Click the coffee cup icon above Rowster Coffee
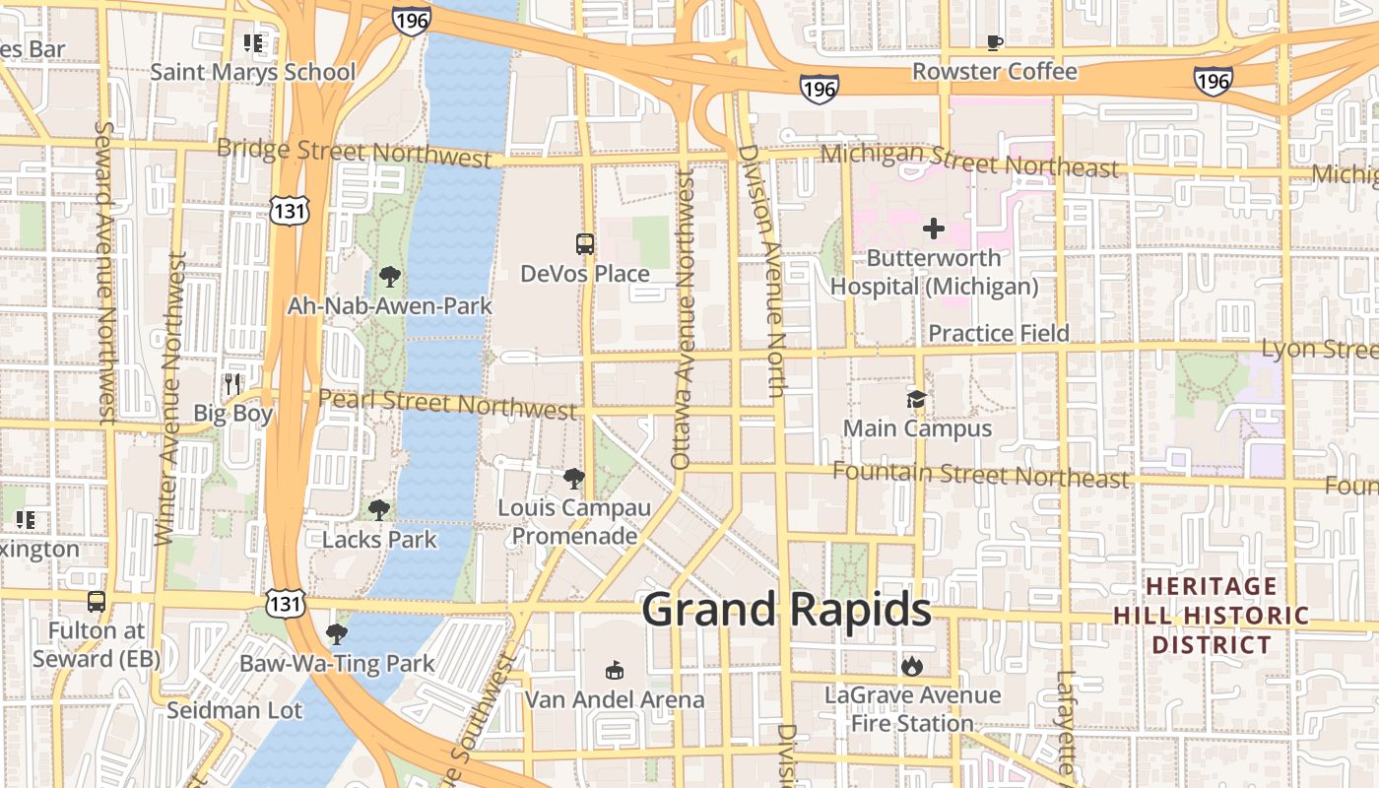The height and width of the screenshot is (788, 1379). coord(995,42)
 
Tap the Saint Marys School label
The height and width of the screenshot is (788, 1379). coord(253,72)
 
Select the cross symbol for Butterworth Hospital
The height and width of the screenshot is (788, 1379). coord(933,230)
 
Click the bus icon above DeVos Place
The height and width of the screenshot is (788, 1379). coord(585,243)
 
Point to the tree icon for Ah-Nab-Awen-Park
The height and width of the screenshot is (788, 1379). coord(389,277)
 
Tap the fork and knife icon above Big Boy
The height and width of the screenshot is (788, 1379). coord(232,383)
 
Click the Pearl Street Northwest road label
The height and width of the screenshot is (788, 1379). coord(447,403)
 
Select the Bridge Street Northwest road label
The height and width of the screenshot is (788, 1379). coord(354,153)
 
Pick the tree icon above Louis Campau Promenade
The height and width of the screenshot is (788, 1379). coord(573,480)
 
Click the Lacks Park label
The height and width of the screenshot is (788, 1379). coord(379,539)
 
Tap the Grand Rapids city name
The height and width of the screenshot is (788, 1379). coord(786,610)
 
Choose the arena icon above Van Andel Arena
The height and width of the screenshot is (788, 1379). coord(615,670)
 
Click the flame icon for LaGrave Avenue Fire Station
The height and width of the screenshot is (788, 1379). coord(912,666)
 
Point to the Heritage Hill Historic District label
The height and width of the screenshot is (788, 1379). coord(1212,616)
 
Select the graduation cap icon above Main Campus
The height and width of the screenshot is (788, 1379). coord(916,399)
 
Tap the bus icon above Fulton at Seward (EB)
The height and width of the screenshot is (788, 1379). coord(97,601)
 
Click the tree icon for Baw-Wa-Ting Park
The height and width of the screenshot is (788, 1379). coord(336,633)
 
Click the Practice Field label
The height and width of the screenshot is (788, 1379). coord(998,333)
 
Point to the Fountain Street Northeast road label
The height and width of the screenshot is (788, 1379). coord(980,475)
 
